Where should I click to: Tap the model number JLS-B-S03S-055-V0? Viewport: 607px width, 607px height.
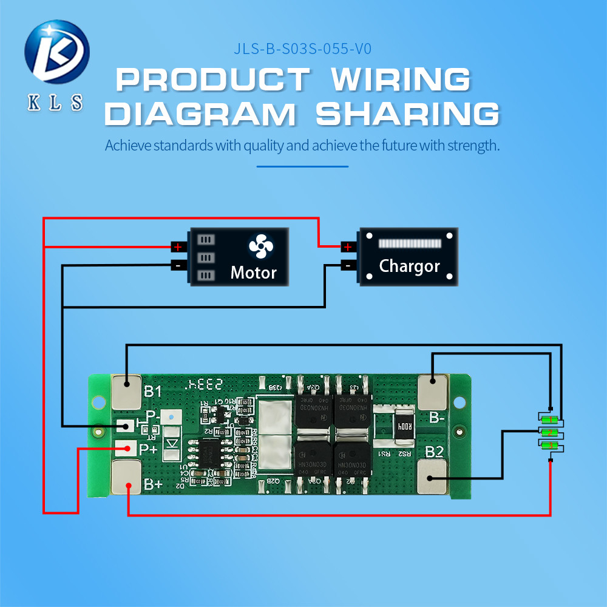(x=302, y=49)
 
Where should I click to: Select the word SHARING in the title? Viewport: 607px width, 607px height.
(x=407, y=115)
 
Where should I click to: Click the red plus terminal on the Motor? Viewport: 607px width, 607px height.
(x=177, y=247)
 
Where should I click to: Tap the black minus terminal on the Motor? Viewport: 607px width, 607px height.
(x=177, y=265)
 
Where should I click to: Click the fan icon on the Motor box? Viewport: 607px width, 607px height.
(x=261, y=247)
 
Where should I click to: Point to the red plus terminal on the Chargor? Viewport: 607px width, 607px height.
(x=347, y=247)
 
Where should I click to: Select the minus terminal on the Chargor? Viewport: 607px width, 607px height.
(x=347, y=265)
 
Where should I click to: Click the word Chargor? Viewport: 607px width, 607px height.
(x=409, y=266)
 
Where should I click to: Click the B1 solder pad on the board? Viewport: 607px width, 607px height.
(x=127, y=390)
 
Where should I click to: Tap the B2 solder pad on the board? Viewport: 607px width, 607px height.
(x=433, y=475)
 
